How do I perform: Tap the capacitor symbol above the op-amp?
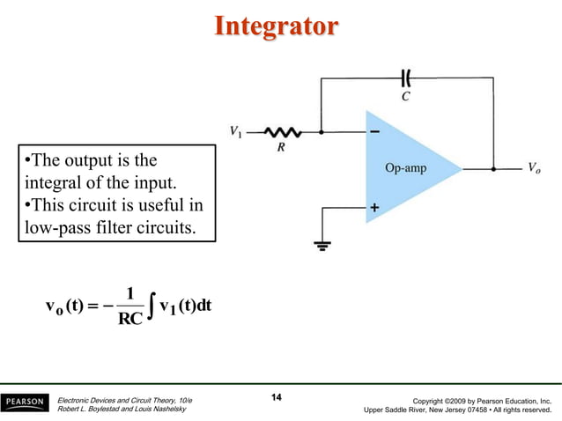(x=405, y=77)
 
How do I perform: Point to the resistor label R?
(x=281, y=148)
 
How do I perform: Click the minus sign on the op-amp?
(x=375, y=133)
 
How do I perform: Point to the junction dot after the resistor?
(x=322, y=133)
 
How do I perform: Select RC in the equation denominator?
(x=129, y=319)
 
